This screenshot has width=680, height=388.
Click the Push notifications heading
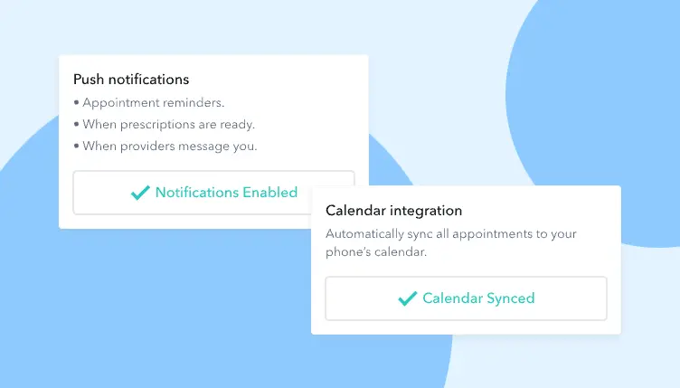[x=131, y=80]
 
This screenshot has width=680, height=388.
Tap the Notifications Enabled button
[x=213, y=192]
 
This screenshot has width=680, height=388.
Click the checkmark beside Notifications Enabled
[x=140, y=193]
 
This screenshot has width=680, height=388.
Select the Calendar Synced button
[x=466, y=298]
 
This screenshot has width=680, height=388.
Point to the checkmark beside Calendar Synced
[x=407, y=298]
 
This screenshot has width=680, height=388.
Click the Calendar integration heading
[x=393, y=211]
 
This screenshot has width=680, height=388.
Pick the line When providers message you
[x=169, y=146]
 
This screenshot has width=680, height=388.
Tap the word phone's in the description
[x=348, y=252]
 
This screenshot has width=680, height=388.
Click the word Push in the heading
[x=88, y=80]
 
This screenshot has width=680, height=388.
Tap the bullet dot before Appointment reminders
[x=76, y=102]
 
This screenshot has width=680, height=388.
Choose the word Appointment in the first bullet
[x=118, y=102]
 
